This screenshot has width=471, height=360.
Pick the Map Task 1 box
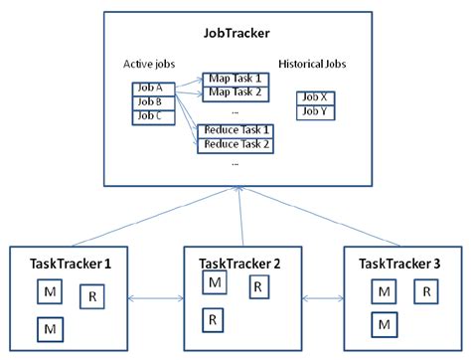pyautogui.click(x=235, y=79)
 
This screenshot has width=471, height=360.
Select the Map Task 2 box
pyautogui.click(x=235, y=92)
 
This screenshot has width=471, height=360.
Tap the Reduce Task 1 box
pyautogui.click(x=236, y=130)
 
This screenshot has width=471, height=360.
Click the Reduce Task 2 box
pyautogui.click(x=236, y=144)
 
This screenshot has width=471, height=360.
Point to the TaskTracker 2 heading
pyautogui.click(x=239, y=264)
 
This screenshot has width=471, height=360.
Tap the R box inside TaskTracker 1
pyautogui.click(x=91, y=296)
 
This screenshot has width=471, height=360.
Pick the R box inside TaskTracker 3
pyautogui.click(x=424, y=291)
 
